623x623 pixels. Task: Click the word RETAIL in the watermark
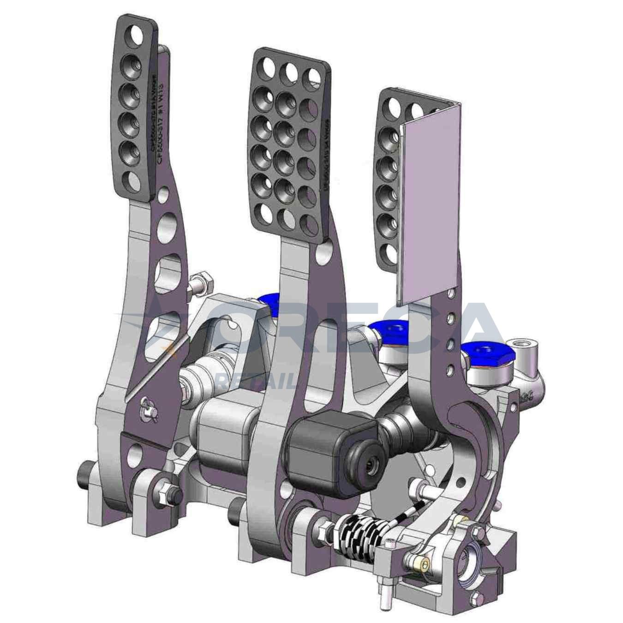257,381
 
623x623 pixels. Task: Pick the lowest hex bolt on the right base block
475,599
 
